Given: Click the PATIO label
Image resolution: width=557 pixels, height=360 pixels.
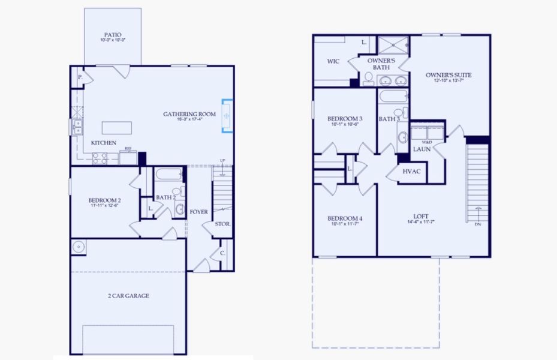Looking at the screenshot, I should pos(113,35).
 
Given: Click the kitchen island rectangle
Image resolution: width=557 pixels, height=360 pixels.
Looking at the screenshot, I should pos(116,127).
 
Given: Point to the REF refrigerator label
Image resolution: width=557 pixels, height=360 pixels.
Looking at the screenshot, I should pos(128,148).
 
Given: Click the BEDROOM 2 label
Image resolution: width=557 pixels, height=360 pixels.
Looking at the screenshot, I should pos(105,200).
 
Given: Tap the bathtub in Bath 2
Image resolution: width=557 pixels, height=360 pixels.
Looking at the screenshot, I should pos(168,176).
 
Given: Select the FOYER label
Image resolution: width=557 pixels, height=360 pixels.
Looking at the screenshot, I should pos(199,212).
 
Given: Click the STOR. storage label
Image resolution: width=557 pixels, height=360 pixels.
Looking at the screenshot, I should pos(224,224).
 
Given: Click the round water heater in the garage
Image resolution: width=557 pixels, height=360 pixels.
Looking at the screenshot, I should pos(77,246).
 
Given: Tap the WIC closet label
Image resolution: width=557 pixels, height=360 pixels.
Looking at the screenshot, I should pos(334,61).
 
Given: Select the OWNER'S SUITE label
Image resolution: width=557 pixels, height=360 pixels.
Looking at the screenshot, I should pos(448,75).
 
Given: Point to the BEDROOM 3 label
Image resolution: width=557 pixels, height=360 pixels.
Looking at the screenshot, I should pos(345,118).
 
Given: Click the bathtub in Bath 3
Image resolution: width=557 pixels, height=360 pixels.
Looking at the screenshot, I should pos(393,97).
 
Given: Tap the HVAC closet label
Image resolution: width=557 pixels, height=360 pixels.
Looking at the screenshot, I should pos(412,172).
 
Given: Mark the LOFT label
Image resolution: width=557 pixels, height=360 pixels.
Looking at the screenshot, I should pos(420,217).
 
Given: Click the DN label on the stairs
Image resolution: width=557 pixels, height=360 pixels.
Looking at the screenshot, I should pos(478,224).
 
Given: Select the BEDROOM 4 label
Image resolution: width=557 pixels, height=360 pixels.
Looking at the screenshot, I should pos(345,218).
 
